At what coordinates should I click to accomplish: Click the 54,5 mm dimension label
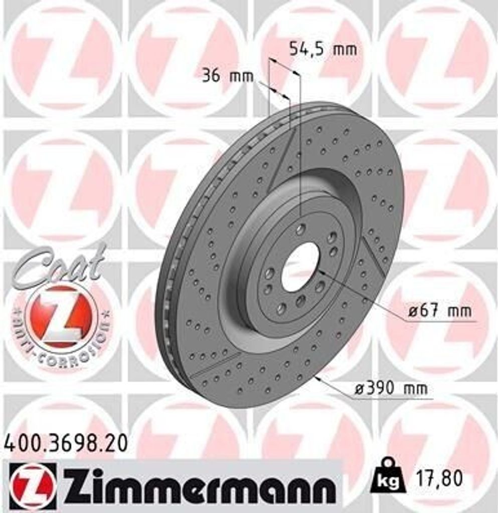pyautogui.click(x=323, y=49)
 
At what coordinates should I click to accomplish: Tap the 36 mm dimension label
pyautogui.click(x=227, y=76)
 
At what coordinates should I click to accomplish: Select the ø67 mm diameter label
pyautogui.click(x=439, y=311)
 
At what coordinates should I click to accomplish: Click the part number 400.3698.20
pyautogui.click(x=65, y=443)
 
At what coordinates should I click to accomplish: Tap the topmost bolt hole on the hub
pyautogui.click(x=300, y=229)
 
